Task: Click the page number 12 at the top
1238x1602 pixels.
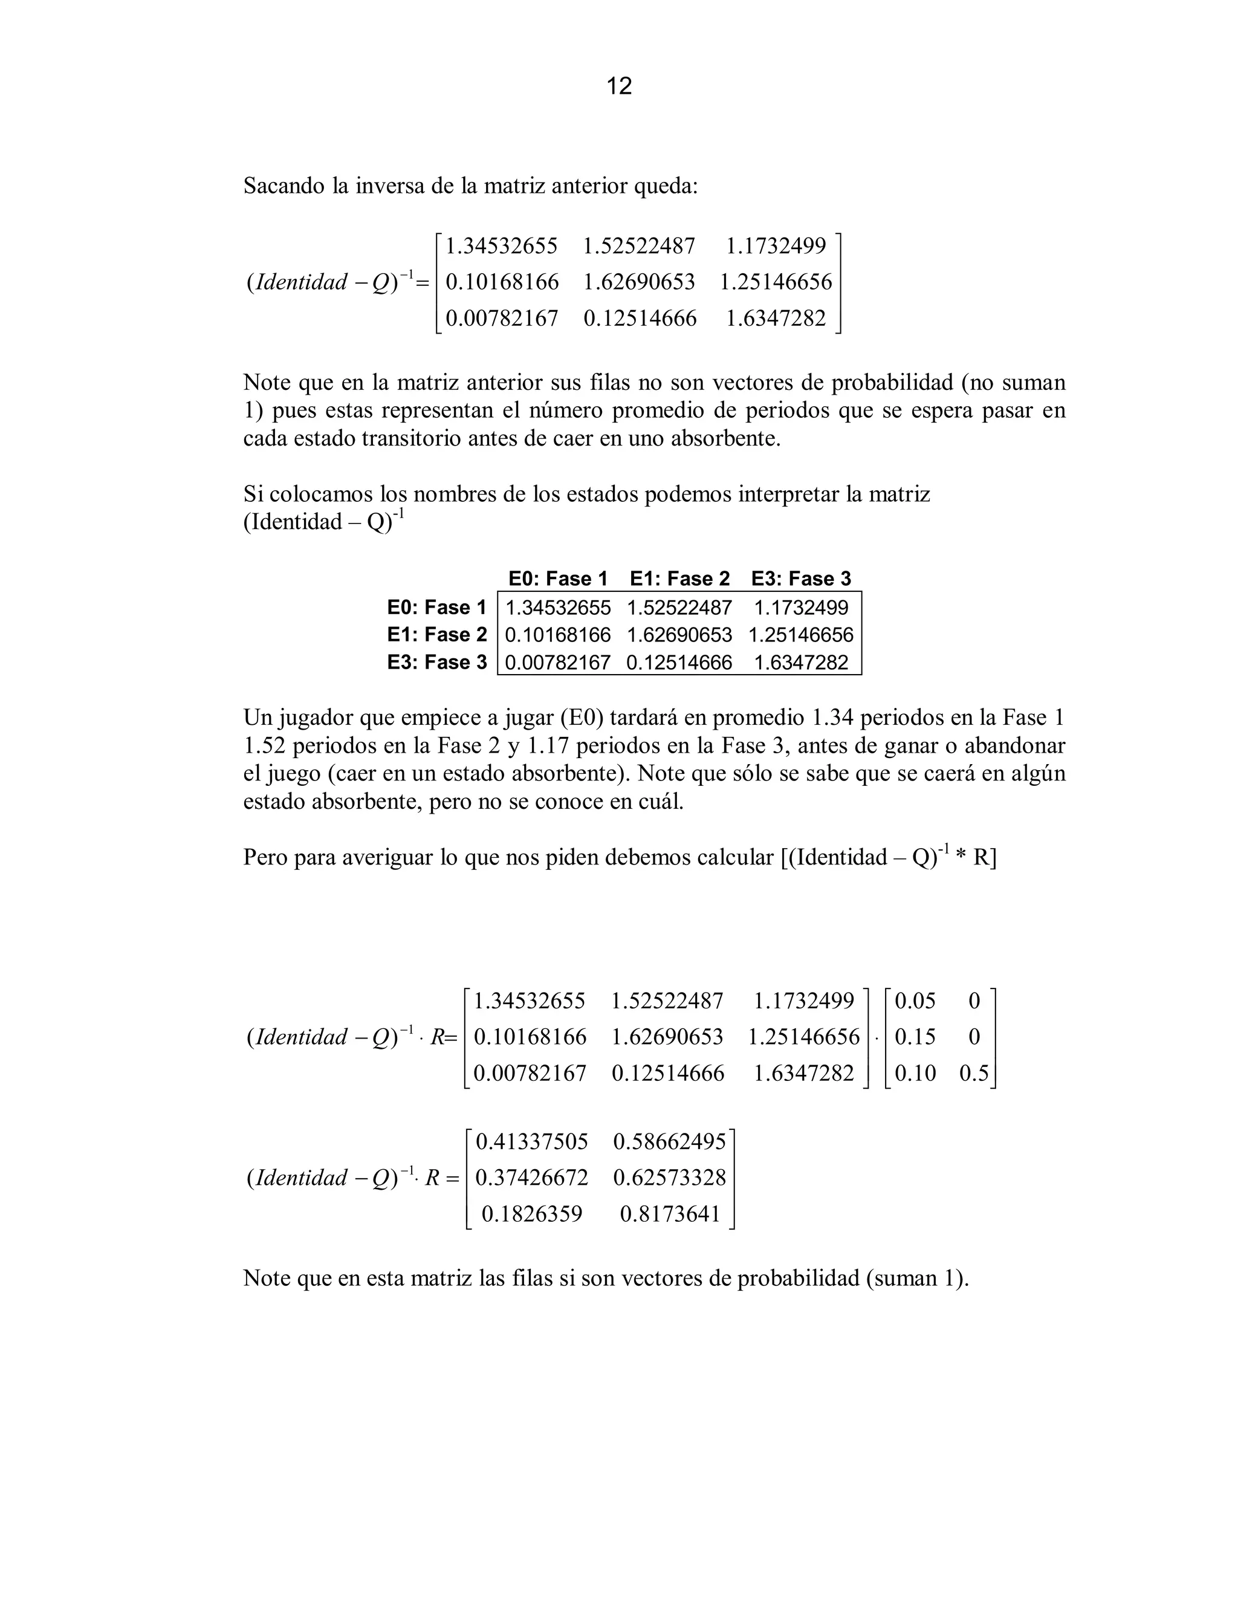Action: point(619,86)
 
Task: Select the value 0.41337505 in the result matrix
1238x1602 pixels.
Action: point(532,1141)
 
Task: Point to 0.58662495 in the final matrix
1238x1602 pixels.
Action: point(669,1141)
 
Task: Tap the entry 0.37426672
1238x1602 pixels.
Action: point(532,1178)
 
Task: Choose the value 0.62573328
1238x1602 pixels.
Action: point(669,1178)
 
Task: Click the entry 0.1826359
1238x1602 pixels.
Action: point(532,1214)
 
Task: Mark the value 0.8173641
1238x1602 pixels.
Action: point(670,1214)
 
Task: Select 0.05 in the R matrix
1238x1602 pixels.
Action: point(915,1000)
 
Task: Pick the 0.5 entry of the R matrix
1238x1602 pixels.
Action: point(974,1073)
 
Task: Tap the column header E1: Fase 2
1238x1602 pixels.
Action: point(680,579)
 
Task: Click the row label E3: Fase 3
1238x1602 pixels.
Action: point(437,663)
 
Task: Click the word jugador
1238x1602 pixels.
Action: point(314,718)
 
